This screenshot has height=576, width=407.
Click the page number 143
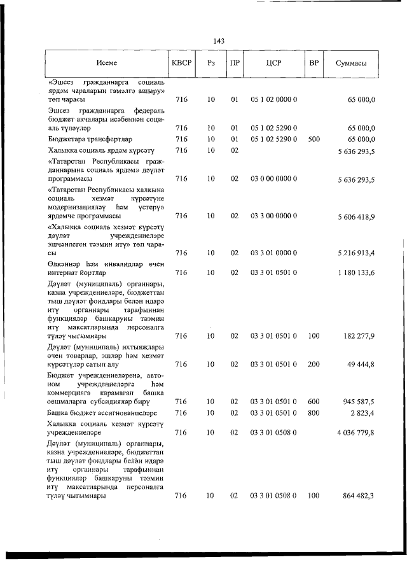coord(220,41)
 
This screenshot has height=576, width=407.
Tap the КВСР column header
coord(181,63)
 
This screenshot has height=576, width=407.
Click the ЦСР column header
coord(274,63)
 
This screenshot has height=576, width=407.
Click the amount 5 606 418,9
coord(352,216)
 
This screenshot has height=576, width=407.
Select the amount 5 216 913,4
coord(352,253)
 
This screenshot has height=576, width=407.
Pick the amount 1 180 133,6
coord(352,272)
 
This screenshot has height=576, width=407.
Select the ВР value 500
coord(314,138)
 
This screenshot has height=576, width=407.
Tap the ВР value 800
coord(314,413)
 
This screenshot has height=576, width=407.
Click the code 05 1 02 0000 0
coord(274,100)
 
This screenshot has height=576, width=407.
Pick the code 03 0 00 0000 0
coord(274,179)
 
